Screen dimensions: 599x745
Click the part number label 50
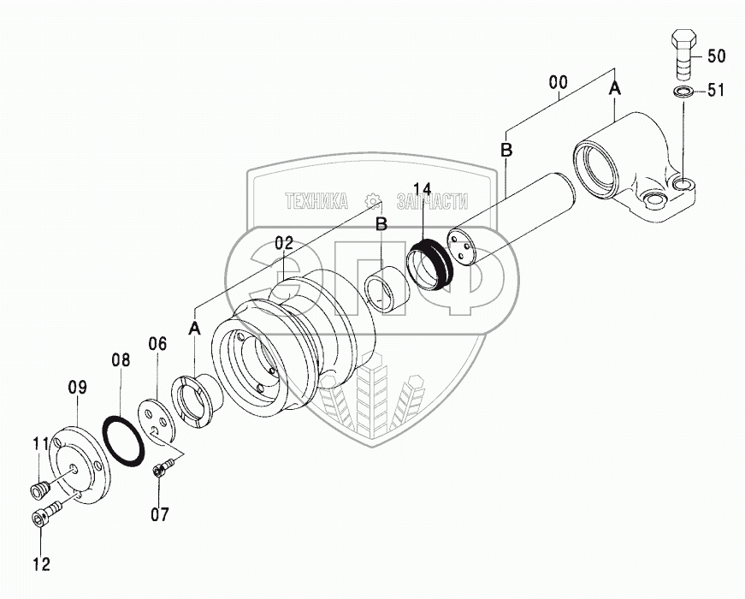(716, 56)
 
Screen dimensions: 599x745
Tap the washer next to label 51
(683, 92)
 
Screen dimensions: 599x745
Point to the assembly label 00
(558, 83)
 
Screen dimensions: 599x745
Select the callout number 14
(423, 190)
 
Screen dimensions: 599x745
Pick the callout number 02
(284, 244)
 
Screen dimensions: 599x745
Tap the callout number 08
(121, 359)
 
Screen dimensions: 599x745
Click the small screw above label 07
(163, 467)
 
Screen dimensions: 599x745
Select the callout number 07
(159, 514)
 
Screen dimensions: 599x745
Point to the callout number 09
(77, 387)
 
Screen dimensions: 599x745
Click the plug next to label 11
(38, 490)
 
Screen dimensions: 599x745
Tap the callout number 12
(41, 564)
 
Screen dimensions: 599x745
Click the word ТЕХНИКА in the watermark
(316, 201)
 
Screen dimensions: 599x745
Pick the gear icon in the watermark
(371, 201)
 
